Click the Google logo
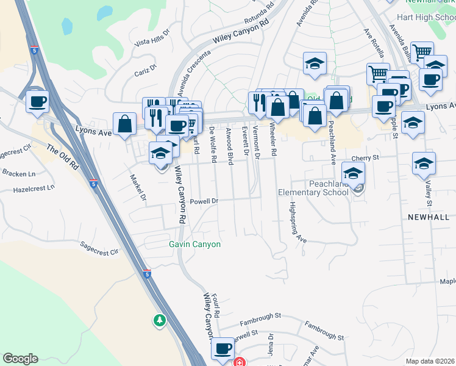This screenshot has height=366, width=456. click(x=20, y=359)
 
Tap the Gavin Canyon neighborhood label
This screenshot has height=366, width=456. click(x=194, y=244)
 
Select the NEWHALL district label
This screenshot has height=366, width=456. click(x=428, y=217)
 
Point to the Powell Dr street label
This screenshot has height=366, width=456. click(x=204, y=201)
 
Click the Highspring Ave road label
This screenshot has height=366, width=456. click(x=297, y=222)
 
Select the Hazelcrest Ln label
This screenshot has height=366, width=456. click(x=34, y=190)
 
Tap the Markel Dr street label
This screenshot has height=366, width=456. click(x=138, y=188)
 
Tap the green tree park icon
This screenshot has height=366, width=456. click(x=160, y=320)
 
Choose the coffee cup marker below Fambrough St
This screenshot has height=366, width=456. click(x=223, y=350)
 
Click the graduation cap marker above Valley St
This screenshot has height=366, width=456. click(x=424, y=163)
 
